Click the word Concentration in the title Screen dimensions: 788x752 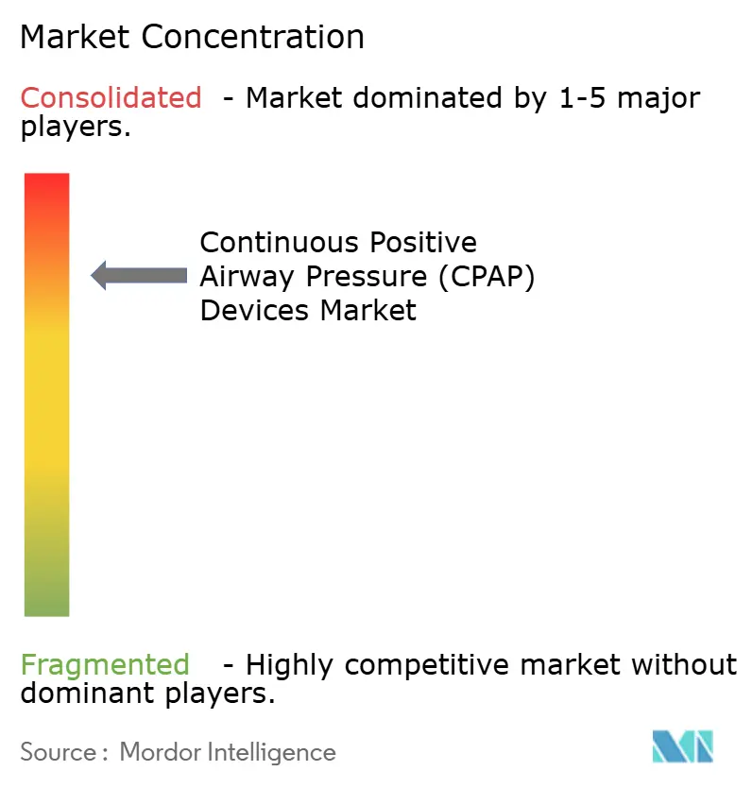(253, 37)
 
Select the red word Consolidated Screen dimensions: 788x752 (111, 97)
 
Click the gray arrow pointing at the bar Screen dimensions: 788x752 (139, 275)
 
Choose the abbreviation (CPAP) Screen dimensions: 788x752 (485, 276)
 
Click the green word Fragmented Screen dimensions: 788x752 (105, 664)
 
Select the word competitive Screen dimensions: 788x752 (441, 664)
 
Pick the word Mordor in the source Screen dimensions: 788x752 (155, 752)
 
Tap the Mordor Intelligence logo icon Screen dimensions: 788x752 (682, 747)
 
